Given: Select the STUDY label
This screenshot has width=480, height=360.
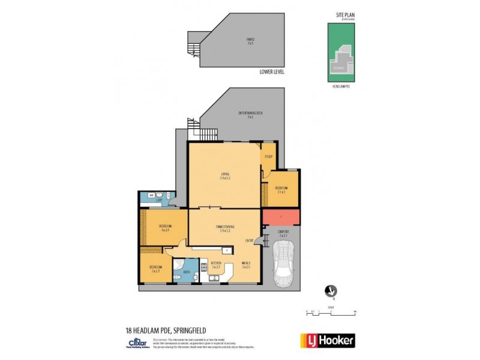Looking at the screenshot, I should (268, 157).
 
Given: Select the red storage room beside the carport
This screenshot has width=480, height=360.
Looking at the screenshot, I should (281, 217).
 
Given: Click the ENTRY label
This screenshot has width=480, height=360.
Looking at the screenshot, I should (249, 241).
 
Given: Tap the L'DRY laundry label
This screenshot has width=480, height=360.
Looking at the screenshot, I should (159, 200).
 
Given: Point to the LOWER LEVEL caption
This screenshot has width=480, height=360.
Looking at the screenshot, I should (272, 71).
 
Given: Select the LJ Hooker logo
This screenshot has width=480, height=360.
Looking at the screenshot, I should (327, 340).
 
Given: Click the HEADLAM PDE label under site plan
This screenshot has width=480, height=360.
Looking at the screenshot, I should (341, 88).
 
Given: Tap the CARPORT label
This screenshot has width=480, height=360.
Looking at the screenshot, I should (284, 233).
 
